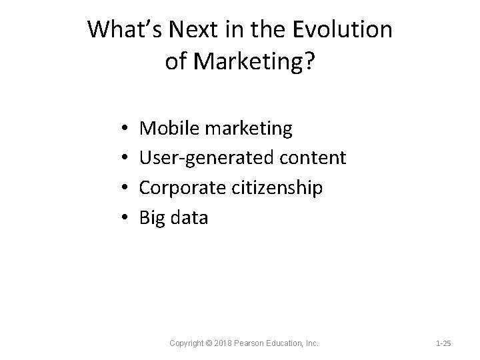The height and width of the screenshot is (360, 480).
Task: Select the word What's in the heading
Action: tap(126, 29)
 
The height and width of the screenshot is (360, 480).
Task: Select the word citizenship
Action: tap(279, 187)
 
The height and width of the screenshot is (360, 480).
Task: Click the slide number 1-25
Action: tap(443, 343)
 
